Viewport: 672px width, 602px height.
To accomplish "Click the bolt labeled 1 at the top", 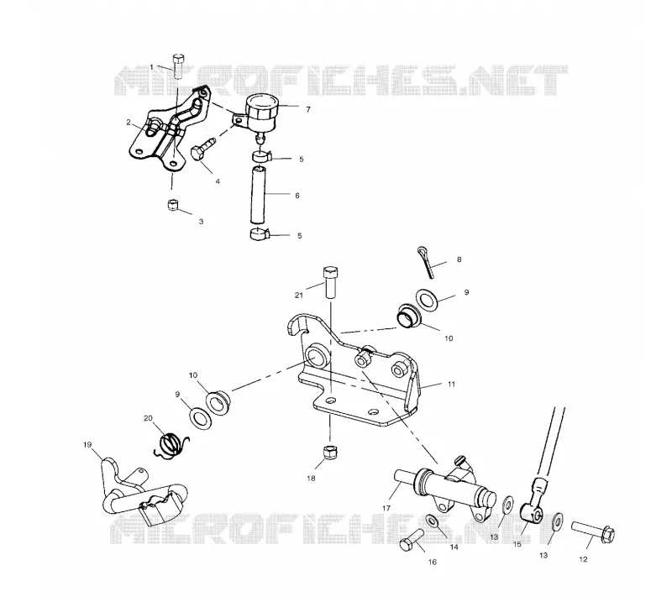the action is pos(178,66).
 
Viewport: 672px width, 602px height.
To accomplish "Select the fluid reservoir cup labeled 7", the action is pos(260,113).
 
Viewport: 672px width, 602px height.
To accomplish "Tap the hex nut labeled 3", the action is pos(172,205).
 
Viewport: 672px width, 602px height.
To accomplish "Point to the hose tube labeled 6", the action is pos(258,196).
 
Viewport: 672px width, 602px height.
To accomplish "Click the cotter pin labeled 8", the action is pos(427,262).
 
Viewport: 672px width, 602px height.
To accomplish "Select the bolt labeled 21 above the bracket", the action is pos(330,282).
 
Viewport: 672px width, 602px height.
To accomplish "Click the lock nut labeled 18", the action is pos(330,452).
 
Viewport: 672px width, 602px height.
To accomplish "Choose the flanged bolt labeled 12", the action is pos(593,531).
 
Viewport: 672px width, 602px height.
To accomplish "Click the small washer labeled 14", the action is pos(433,521).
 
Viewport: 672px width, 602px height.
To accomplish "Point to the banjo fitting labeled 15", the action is pos(533,502).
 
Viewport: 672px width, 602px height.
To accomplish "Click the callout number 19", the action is pos(87,445).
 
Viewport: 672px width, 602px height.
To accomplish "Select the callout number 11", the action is pos(451,385).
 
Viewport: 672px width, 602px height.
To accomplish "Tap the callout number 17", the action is pos(386,508).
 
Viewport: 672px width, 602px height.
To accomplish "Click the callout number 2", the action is pos(129,123).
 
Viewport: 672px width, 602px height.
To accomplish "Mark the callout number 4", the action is pos(218,181).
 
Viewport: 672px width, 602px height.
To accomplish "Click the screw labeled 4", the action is pos(202,149).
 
